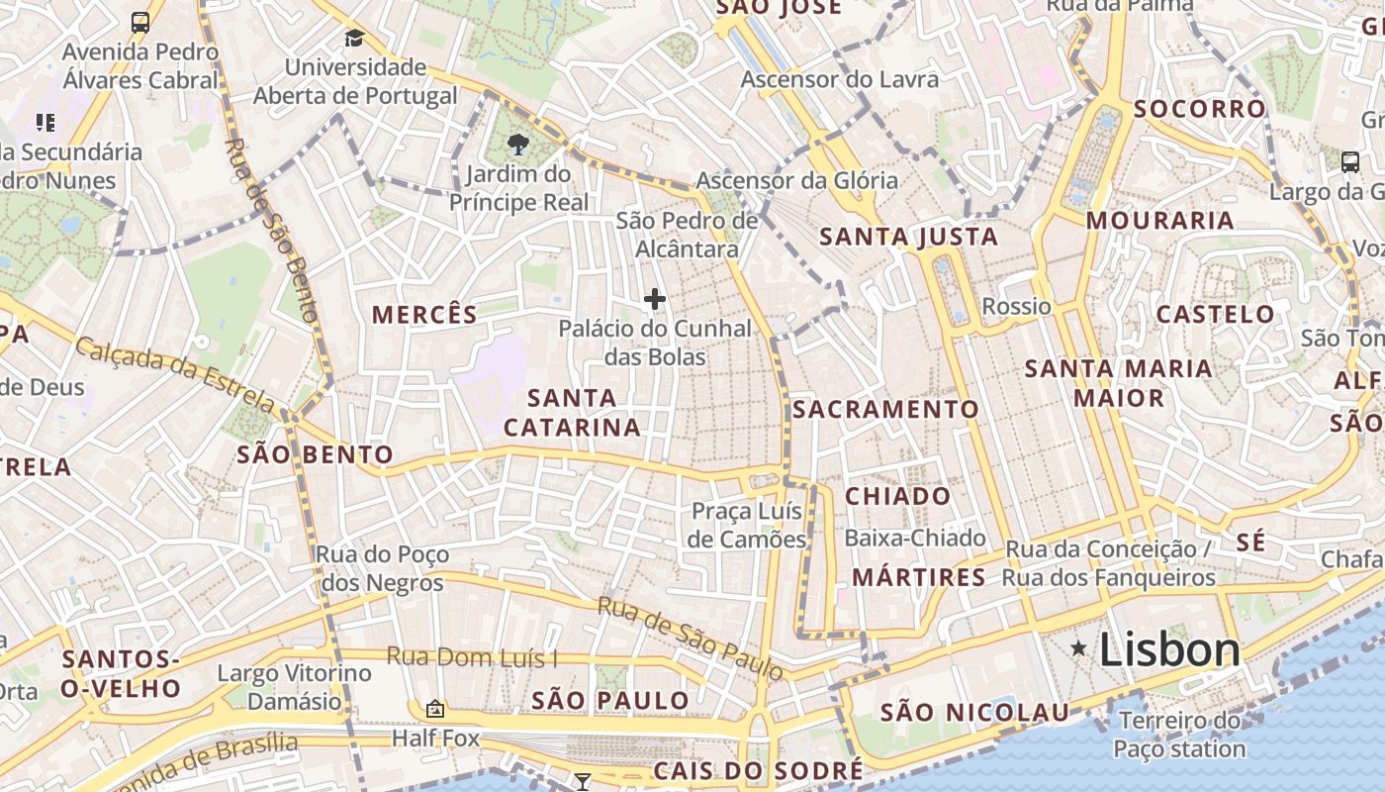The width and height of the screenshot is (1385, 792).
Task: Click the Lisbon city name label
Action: click(1169, 650)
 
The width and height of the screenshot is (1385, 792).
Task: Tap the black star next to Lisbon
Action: click(1078, 649)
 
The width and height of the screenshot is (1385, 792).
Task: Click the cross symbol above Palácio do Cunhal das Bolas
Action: click(654, 299)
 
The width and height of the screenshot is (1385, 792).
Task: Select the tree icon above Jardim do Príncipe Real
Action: click(516, 146)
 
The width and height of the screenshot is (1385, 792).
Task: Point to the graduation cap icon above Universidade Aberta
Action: click(354, 39)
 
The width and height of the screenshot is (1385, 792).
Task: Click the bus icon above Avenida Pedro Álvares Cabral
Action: click(140, 23)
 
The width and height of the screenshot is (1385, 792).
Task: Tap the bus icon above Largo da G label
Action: click(1349, 161)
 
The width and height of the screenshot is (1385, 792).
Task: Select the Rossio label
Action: click(1016, 306)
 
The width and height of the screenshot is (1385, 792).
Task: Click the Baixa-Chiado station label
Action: click(915, 538)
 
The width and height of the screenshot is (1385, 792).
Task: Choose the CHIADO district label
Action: click(897, 496)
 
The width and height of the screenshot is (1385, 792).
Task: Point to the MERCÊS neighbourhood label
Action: click(424, 315)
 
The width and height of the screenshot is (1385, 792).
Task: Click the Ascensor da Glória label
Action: click(796, 180)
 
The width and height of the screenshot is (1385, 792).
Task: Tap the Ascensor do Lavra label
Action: click(839, 79)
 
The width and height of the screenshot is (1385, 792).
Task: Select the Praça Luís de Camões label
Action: click(748, 525)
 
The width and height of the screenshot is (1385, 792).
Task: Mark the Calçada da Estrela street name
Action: click(175, 374)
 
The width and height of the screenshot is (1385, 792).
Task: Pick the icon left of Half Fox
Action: click(434, 709)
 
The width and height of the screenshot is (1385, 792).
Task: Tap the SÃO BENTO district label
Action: click(315, 455)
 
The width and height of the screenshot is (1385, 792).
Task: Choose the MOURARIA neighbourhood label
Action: click(1159, 220)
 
